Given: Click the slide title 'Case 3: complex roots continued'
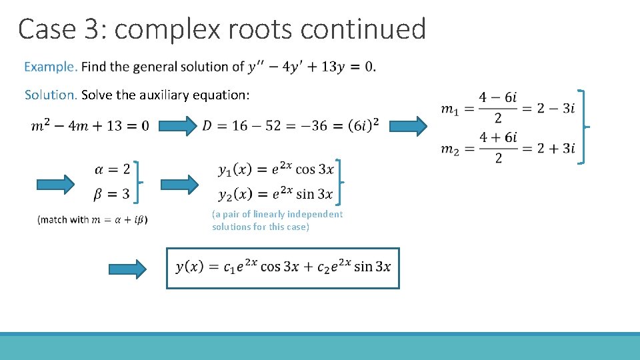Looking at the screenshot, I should coord(222,30).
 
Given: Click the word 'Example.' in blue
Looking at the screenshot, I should coord(51,67).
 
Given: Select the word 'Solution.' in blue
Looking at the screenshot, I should coord(51,95).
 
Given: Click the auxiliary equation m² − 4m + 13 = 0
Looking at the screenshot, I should coord(90,126).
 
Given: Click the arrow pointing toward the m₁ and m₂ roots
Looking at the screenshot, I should coord(408,125).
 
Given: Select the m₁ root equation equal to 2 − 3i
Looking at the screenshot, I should coord(507,107).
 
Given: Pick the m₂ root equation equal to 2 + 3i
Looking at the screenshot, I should coord(507,148).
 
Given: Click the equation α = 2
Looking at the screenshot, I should coord(113,169).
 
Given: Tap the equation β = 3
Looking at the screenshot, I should coord(113,194).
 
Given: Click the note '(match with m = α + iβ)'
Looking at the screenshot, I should coord(93,219).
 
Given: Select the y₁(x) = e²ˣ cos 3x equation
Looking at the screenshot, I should coord(276,169).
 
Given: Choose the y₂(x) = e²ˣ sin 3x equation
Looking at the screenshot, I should coord(276,194).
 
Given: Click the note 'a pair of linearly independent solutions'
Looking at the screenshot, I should coord(277,221).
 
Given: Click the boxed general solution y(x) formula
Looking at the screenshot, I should coord(283,267).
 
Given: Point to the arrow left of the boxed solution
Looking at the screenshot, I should coord(127,269).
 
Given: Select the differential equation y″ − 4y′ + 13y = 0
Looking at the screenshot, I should coord(311,67).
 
